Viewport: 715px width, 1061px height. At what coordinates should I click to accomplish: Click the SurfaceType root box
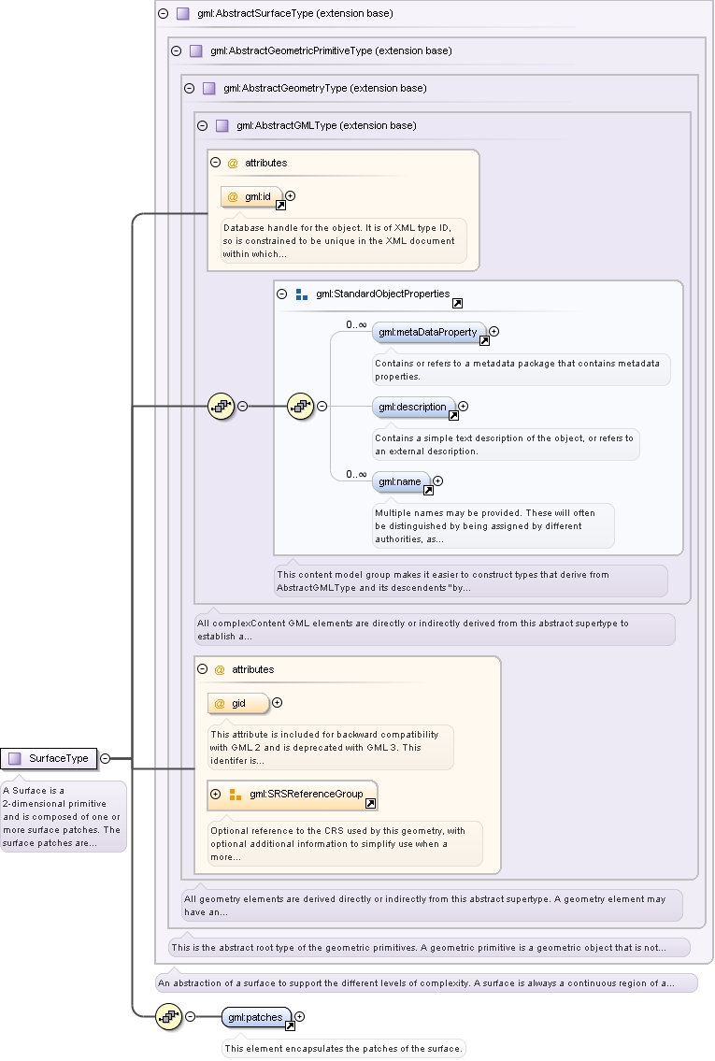tap(49, 758)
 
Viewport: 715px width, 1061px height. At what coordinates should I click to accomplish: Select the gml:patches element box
tap(256, 1017)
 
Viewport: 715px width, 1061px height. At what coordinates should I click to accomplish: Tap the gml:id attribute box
tap(251, 197)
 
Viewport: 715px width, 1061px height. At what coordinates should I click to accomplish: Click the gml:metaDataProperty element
tap(429, 332)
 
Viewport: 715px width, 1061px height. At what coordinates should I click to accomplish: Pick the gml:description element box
tap(413, 407)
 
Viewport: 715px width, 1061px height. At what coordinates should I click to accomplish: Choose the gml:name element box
tap(401, 481)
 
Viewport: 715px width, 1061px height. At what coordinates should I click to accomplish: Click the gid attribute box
tap(238, 704)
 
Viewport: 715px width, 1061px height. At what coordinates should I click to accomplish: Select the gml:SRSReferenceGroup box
tap(293, 795)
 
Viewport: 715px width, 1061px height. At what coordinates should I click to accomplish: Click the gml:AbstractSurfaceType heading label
tap(295, 13)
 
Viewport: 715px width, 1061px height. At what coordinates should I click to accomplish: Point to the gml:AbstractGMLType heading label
tap(327, 126)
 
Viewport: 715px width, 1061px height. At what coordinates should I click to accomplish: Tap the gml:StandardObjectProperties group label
tap(383, 294)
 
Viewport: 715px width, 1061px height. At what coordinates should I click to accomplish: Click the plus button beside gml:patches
tap(300, 1016)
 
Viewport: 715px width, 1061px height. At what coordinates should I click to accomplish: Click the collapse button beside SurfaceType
tap(105, 758)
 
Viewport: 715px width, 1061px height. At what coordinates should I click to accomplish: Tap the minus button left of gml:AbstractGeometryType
tap(190, 88)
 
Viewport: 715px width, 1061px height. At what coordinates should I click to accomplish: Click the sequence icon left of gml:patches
tap(168, 1016)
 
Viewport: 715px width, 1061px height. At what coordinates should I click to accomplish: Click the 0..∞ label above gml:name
tap(356, 474)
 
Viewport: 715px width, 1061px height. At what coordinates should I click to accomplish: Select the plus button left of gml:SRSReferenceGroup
tap(216, 795)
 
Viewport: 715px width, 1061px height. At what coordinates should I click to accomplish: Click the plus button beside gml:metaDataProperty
tap(494, 332)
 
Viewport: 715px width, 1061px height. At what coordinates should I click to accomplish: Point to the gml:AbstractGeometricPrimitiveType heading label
tap(332, 50)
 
